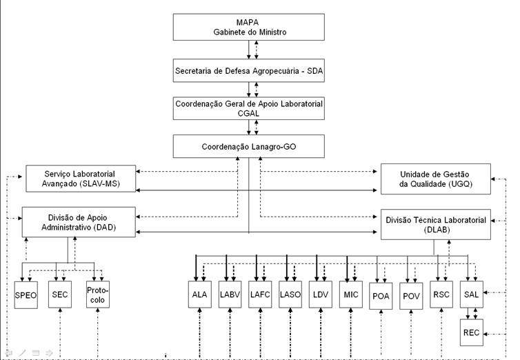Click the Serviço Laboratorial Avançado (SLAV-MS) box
tap(81, 179)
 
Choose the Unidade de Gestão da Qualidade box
tap(436, 179)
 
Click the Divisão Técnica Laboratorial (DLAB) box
tap(437, 224)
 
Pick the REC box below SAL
tap(472, 333)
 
